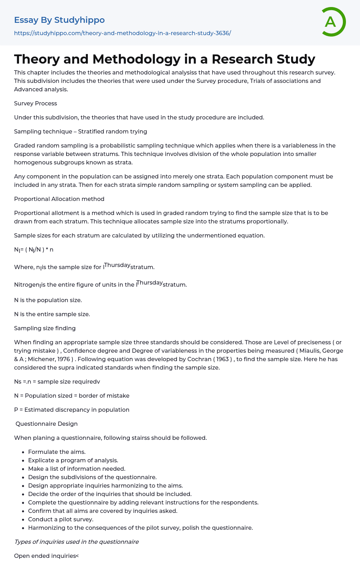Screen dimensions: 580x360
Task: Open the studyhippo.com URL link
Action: coord(122,33)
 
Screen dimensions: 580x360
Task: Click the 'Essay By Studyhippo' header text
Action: coord(59,20)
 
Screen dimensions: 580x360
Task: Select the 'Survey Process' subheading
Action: coord(36,103)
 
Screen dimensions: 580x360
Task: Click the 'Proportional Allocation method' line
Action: coord(59,199)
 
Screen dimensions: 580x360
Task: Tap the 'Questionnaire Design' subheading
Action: coord(46,424)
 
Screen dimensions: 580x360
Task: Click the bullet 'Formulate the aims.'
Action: coord(57,452)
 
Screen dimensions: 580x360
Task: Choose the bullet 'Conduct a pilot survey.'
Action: coord(60,519)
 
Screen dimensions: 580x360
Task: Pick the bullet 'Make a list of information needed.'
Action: coord(77,469)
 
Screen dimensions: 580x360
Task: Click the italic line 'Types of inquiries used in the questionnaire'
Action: coord(76,542)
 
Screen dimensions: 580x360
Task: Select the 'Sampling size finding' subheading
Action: coord(45,328)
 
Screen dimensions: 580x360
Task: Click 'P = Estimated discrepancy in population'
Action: coord(72,410)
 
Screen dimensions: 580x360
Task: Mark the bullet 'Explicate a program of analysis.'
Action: coord(73,460)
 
